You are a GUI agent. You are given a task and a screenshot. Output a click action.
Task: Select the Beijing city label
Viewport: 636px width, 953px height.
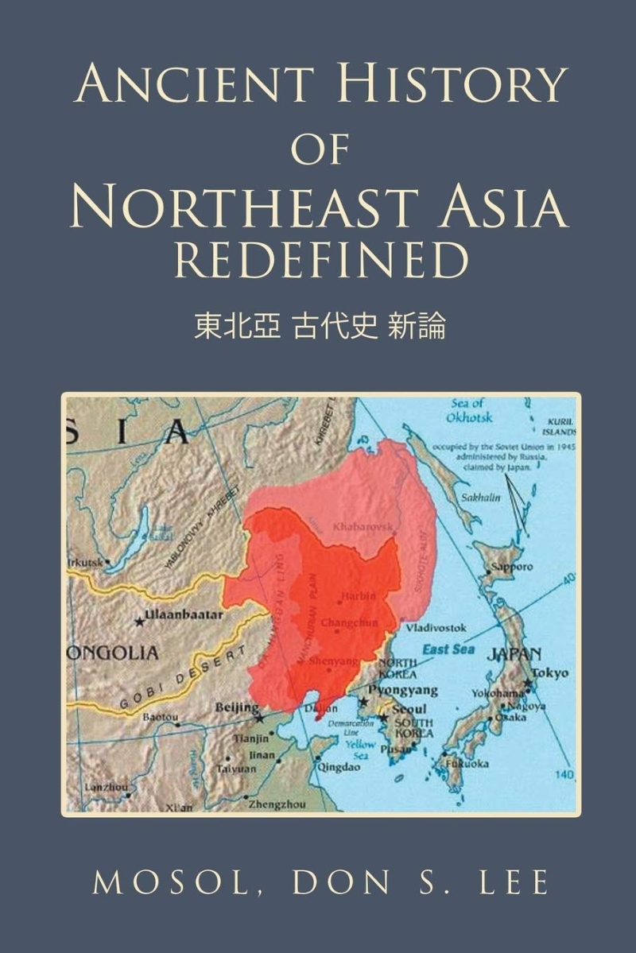point(237,707)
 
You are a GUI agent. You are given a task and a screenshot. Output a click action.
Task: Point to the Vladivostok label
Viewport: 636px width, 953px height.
point(436,628)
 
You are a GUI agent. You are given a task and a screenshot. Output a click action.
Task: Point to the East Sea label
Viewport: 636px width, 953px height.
point(448,649)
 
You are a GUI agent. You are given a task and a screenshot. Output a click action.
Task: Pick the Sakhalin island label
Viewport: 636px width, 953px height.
point(471,498)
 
